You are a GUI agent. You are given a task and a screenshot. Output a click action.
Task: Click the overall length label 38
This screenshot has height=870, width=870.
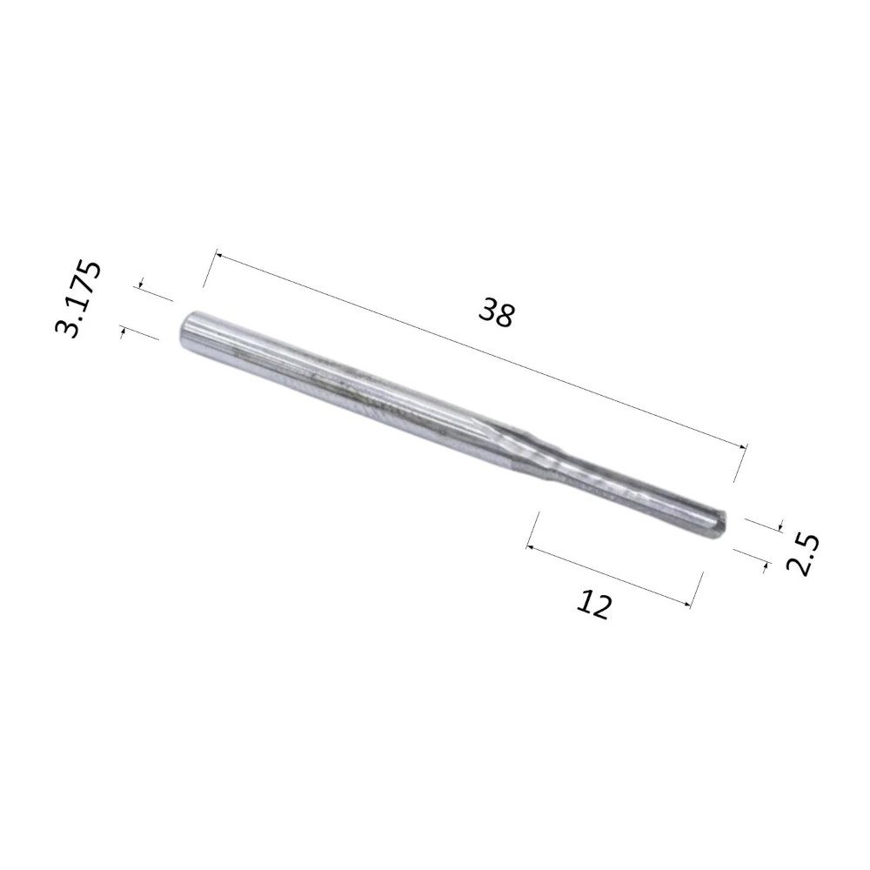(x=497, y=312)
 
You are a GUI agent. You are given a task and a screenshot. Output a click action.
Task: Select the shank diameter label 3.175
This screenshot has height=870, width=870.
(x=78, y=298)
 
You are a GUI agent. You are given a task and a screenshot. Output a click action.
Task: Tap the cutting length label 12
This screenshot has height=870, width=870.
(x=593, y=605)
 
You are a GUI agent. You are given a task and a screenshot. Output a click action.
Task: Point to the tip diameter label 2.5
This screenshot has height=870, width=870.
(x=802, y=555)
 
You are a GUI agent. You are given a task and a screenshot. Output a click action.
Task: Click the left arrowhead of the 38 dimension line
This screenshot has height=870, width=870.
(x=218, y=256)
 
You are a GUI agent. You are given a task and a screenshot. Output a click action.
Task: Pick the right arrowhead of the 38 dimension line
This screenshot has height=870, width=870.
(x=742, y=446)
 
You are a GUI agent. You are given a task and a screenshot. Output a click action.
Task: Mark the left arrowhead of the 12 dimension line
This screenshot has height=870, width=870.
(x=531, y=547)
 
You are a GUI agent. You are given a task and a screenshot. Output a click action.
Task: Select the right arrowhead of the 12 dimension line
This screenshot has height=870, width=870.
(x=688, y=605)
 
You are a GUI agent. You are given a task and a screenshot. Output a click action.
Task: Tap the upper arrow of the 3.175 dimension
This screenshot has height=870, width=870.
(x=141, y=284)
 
